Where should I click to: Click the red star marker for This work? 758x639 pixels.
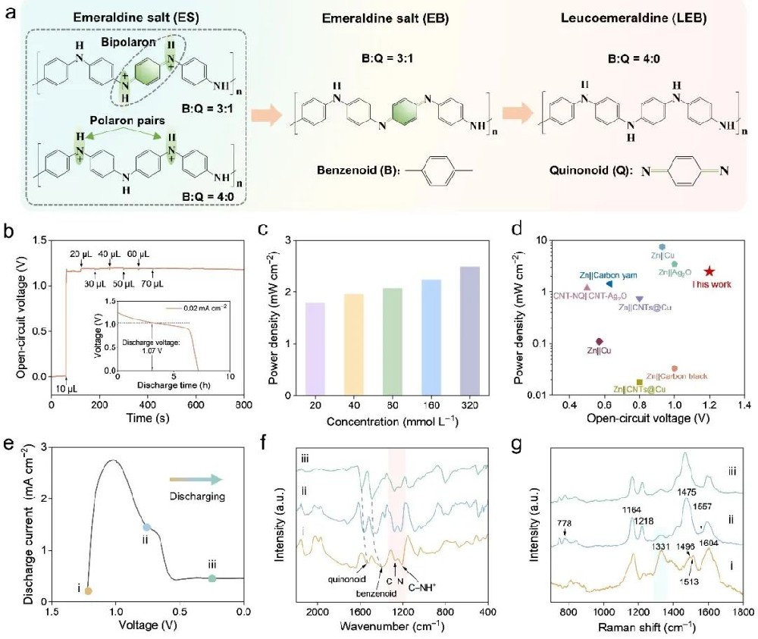point(709,271)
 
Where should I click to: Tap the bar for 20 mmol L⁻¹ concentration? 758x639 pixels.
point(315,349)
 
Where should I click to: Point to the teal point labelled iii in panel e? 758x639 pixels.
point(212,578)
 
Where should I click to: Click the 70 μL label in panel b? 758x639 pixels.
point(153,284)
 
